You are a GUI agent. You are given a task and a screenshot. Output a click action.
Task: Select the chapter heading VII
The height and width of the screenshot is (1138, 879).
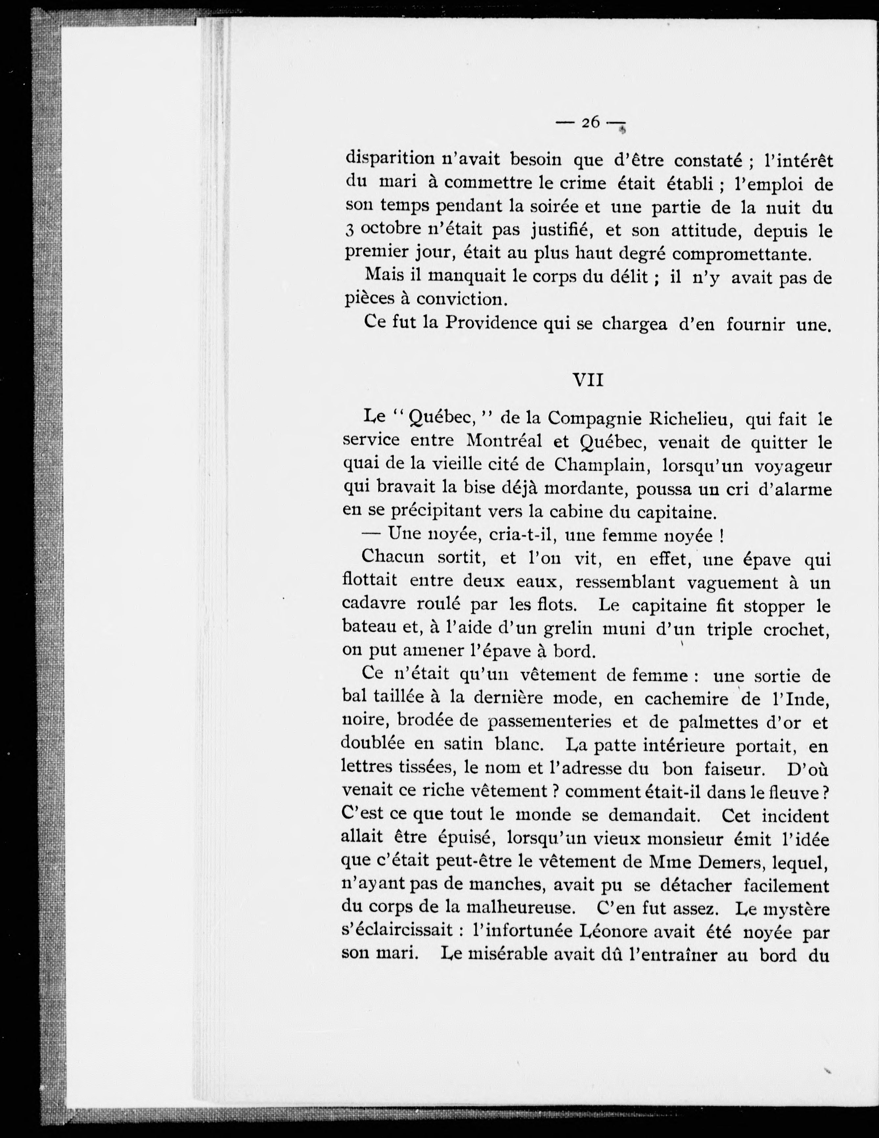(588, 380)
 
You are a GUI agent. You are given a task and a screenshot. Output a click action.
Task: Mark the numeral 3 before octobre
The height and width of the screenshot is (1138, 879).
(349, 230)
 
